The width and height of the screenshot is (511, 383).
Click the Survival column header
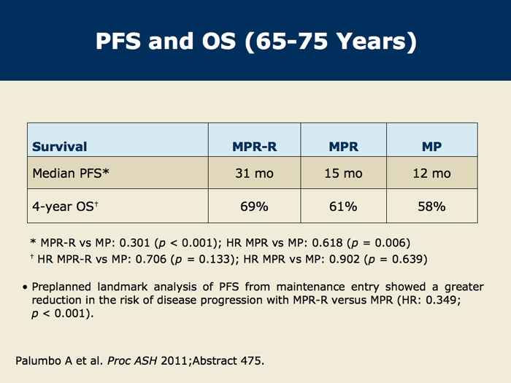point(60,147)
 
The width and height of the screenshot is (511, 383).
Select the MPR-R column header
point(255,147)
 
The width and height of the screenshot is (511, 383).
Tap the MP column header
point(432,147)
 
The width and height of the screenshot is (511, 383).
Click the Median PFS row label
point(71,173)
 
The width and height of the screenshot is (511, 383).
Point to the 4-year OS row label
point(65,206)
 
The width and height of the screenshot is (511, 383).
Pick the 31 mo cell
point(255,174)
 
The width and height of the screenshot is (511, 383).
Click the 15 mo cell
point(344,174)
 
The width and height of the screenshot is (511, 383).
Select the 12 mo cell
point(432,174)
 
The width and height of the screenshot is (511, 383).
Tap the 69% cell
point(254,206)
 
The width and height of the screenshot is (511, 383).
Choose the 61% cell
point(343,206)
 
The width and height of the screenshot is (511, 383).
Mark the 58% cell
point(432,206)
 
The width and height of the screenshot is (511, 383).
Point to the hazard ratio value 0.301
point(134,243)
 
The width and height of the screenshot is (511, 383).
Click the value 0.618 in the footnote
point(327,243)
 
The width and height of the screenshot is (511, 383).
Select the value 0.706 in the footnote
point(151,259)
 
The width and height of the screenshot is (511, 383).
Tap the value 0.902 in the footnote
point(345,259)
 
